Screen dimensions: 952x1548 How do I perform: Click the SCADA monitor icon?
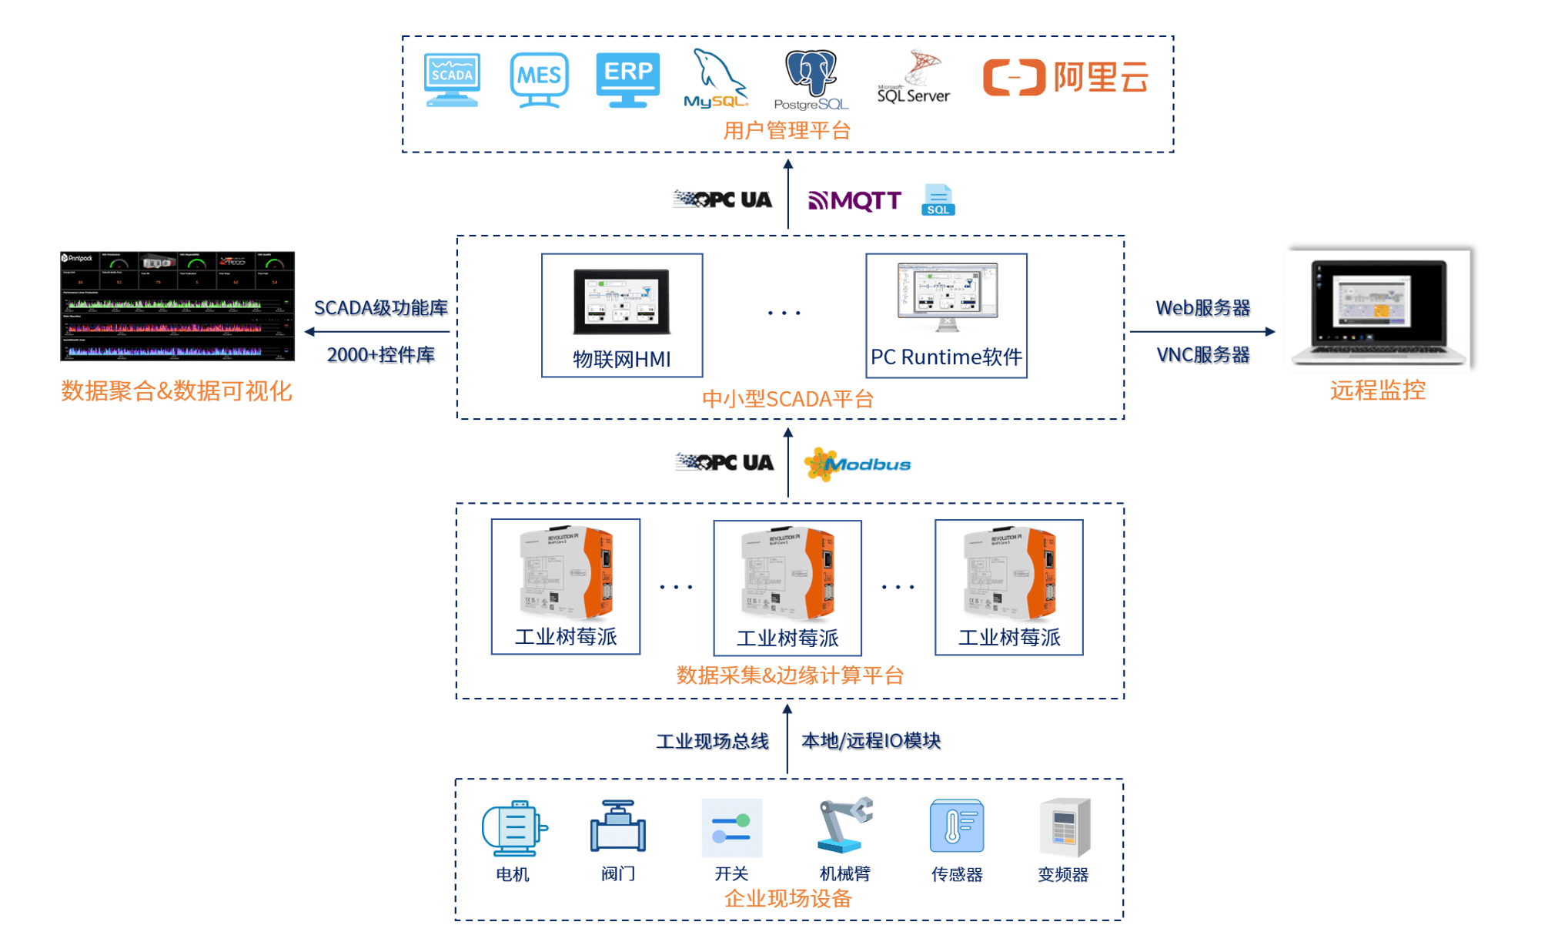point(452,79)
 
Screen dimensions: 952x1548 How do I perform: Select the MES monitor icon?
point(539,79)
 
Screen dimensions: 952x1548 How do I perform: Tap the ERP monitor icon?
point(627,79)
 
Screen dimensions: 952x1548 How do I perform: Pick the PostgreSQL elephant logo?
point(811,79)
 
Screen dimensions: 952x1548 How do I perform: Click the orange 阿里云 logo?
point(1065,77)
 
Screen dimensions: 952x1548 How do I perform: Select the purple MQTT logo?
point(854,201)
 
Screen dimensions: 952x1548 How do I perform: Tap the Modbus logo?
point(858,464)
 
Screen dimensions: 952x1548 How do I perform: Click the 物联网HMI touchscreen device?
point(622,301)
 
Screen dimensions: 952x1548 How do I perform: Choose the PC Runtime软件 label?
point(946,357)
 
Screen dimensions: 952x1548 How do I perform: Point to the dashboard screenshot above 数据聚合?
point(178,306)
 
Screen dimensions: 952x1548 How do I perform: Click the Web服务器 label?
point(1203,308)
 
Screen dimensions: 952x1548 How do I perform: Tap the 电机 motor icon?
point(514,828)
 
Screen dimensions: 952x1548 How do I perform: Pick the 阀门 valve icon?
point(618,826)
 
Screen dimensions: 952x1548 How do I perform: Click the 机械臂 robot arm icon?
point(844,826)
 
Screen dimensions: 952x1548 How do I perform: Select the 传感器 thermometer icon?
point(957,826)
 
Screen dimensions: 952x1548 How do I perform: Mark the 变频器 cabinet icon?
point(1065,827)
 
